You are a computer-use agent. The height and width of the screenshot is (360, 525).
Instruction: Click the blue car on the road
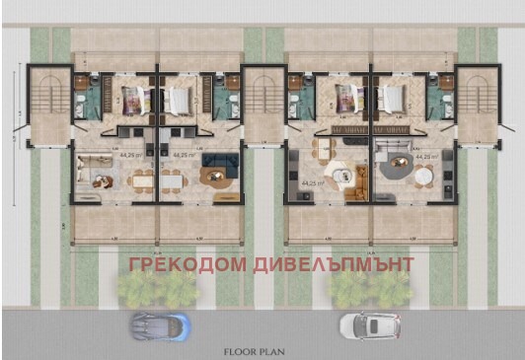(159, 324)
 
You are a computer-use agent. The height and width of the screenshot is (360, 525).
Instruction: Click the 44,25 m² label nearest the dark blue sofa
(184, 156)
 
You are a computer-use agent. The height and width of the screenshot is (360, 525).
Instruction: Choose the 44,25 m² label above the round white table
(426, 156)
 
